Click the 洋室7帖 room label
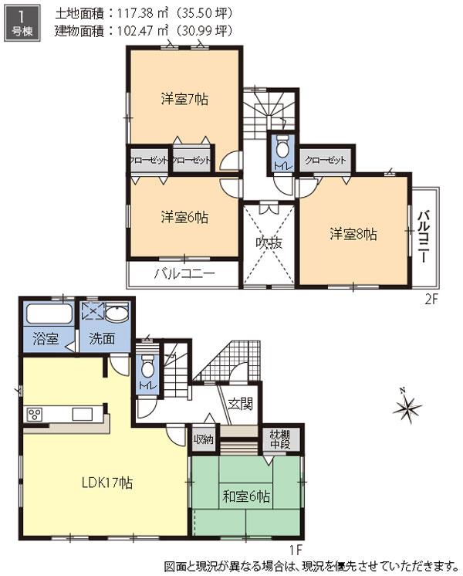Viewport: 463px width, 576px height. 184,99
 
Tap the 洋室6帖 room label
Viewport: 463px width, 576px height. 184,217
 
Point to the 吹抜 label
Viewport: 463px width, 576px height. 269,242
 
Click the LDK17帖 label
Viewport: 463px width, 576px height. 107,483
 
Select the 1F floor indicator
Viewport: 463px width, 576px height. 296,549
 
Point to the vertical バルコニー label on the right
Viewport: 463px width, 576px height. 424,236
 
